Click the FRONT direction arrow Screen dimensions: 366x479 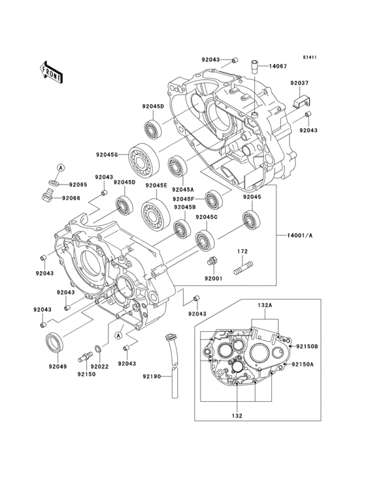51,72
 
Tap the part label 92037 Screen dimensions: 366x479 299,83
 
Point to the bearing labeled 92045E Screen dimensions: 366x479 156,213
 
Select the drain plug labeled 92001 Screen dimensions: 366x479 213,262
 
